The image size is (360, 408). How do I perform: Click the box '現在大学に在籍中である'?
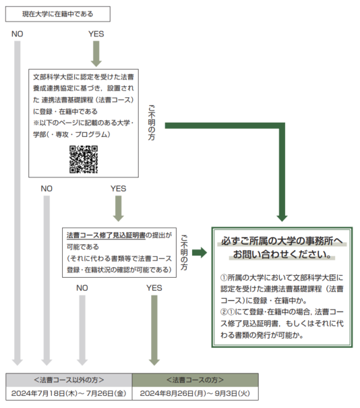(x=58, y=14)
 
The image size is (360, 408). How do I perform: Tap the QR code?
(x=84, y=159)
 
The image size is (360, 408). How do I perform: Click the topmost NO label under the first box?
(x=17, y=34)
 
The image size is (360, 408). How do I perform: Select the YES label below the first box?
(x=96, y=34)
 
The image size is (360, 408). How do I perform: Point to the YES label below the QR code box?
(x=119, y=189)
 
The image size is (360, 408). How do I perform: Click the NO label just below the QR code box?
(x=47, y=189)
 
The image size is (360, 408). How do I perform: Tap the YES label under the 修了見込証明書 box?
(x=154, y=288)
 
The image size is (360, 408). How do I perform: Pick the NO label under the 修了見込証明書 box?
(x=82, y=288)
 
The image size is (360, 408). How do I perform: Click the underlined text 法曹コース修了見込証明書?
(x=106, y=235)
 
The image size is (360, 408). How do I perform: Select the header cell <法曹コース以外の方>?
(x=69, y=380)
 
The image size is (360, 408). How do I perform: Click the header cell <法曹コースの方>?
(x=196, y=380)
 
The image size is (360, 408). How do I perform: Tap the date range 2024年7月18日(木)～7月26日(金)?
(x=69, y=393)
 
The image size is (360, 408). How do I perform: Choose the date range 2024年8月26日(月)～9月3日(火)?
(x=195, y=393)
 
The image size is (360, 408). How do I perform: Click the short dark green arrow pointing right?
(x=200, y=252)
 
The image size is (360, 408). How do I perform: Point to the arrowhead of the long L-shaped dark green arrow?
(x=282, y=218)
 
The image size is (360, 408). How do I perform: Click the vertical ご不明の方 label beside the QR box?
(x=152, y=123)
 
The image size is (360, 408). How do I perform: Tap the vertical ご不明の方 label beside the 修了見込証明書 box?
(x=184, y=253)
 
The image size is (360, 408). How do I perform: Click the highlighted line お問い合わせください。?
(x=282, y=254)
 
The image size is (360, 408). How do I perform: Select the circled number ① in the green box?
(x=224, y=278)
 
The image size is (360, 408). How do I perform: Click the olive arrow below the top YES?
(x=96, y=54)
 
